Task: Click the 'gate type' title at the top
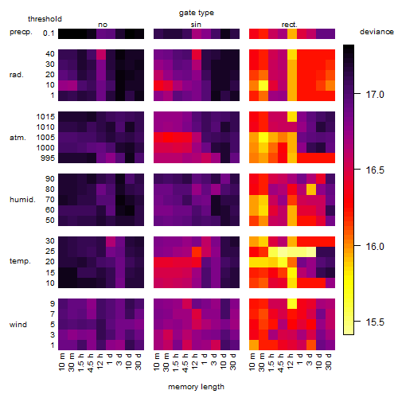(x=197, y=13)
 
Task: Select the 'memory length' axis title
(x=196, y=387)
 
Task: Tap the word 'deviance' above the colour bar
(x=377, y=32)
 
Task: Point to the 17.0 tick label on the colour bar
(x=375, y=94)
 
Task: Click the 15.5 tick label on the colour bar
(x=375, y=322)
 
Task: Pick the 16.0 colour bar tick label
(x=375, y=246)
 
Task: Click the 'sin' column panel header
(x=196, y=25)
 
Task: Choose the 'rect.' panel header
(x=290, y=25)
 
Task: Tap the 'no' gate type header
(x=103, y=25)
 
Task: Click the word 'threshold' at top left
(x=45, y=19)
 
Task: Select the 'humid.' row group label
(x=22, y=200)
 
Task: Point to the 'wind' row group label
(x=18, y=325)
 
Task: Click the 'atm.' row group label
(x=18, y=138)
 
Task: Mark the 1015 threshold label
(x=45, y=116)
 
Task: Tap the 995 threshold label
(x=48, y=158)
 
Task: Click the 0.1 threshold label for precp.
(x=49, y=33)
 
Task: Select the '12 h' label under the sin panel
(x=195, y=361)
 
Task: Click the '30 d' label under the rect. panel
(x=329, y=361)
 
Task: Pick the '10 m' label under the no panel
(x=61, y=362)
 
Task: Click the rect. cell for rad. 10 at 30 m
(x=263, y=85)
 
